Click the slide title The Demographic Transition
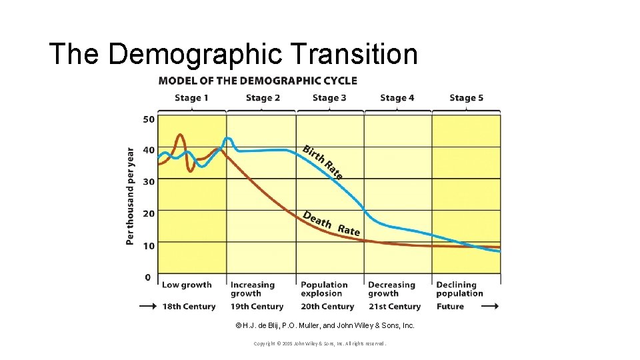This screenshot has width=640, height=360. coord(233,54)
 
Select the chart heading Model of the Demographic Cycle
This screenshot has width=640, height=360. coord(257,81)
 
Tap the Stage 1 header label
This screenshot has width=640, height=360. coord(191,98)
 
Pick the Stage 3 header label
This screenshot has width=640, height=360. coord(329,98)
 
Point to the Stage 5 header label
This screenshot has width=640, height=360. coord(466,98)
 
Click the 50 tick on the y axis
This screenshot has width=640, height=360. coord(148,119)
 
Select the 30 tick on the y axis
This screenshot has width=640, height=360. coord(148,181)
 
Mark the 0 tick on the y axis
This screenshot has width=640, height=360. coord(148,277)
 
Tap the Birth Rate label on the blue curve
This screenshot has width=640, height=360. coord(323,162)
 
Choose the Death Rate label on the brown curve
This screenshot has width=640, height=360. coord(331,223)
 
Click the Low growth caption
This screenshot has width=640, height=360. coord(187,285)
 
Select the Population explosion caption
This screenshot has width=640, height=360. coord(324,289)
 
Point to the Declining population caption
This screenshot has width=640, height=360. coord(459,289)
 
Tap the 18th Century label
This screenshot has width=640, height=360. coord(189,307)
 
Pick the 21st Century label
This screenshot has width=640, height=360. coord(394,307)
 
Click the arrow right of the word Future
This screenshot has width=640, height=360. coord(489,307)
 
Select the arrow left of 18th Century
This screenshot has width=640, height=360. coord(147,307)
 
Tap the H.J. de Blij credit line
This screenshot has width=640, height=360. coord(325,325)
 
